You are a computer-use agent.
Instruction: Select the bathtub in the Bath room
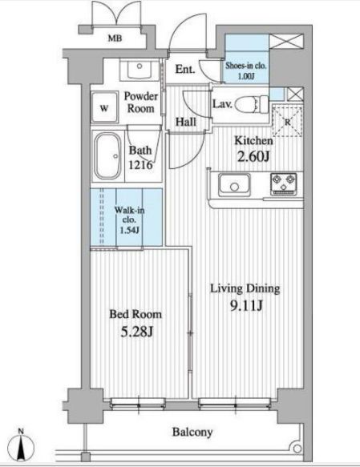[108, 155]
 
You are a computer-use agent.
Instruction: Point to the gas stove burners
[284, 184]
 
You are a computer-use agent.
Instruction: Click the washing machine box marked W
[104, 107]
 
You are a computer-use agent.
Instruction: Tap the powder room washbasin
[140, 69]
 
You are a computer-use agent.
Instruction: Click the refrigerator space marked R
[287, 121]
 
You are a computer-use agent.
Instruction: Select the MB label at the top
[115, 38]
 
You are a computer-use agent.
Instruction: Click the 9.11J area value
[246, 305]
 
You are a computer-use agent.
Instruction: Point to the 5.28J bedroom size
[136, 332]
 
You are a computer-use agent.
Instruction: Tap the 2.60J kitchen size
[253, 156]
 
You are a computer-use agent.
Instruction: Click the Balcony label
[192, 432]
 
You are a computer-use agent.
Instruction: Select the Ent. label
[185, 70]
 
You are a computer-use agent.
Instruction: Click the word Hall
[186, 122]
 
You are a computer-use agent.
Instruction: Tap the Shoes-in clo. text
[245, 66]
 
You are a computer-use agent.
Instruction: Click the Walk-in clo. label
[129, 215]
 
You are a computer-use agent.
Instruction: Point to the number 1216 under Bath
[140, 165]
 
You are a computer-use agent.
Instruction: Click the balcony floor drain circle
[297, 448]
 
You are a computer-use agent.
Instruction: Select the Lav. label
[222, 104]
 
